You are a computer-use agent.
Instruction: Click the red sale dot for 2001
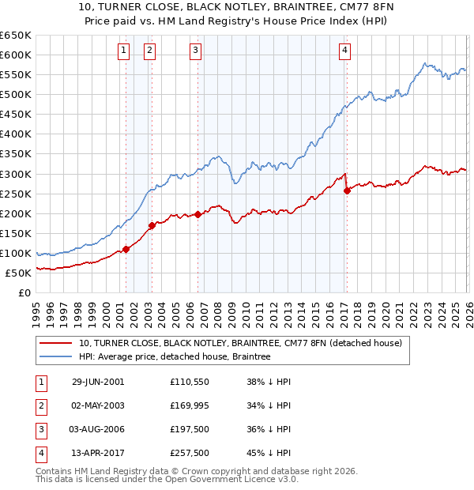(x=126, y=249)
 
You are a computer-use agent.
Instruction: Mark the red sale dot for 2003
(x=151, y=225)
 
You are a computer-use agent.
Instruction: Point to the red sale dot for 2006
(x=197, y=214)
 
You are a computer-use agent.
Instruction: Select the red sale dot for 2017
(x=347, y=190)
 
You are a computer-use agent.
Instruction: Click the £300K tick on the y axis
(x=16, y=174)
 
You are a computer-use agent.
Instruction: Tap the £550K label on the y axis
(x=16, y=75)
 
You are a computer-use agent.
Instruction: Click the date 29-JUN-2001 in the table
(x=98, y=382)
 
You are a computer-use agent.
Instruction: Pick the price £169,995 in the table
(x=190, y=405)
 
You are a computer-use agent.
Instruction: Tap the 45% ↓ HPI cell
(x=269, y=453)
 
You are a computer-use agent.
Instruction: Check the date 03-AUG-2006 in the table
(x=98, y=429)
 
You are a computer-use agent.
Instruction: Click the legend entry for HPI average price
(x=175, y=356)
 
